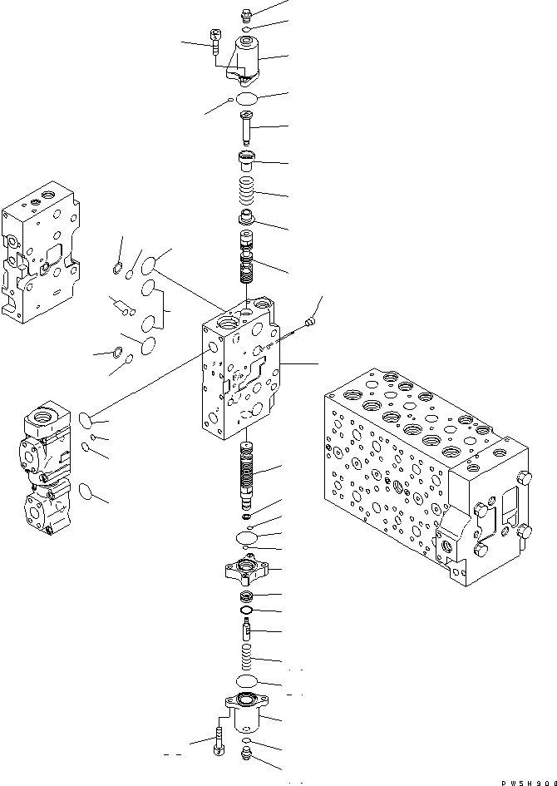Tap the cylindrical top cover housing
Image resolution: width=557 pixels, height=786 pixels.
(247, 58)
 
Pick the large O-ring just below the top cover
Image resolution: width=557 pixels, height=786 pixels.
(247, 100)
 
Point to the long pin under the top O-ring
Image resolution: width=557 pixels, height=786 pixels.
(247, 130)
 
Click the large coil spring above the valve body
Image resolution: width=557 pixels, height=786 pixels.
(247, 195)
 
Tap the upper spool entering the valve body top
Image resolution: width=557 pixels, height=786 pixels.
(247, 262)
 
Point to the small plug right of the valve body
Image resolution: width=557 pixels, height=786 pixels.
(312, 319)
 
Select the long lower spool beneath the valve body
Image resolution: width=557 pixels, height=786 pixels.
(247, 478)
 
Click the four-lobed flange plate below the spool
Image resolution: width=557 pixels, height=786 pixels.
(247, 572)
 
